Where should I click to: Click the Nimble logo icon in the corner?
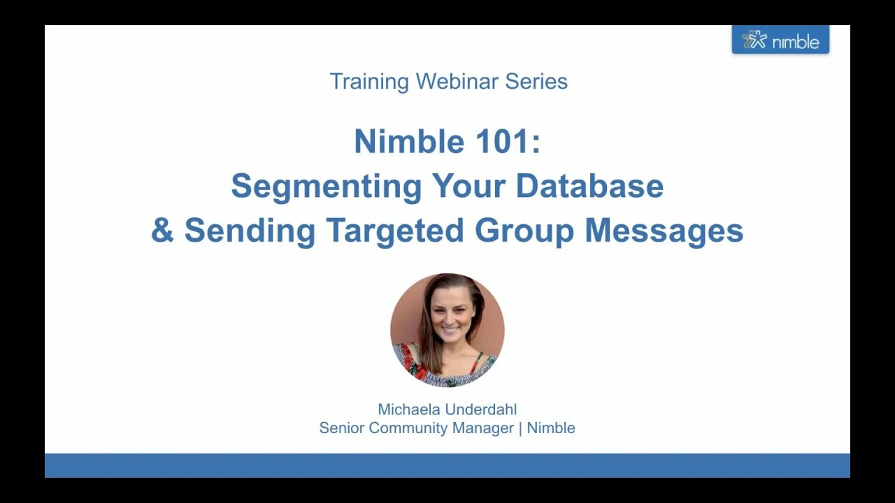[754, 40]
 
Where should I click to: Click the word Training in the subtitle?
[368, 82]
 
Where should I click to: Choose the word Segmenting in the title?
[326, 187]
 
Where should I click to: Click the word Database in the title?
[589, 186]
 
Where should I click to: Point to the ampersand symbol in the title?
[162, 231]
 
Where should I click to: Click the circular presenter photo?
[447, 330]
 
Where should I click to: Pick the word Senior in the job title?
[341, 428]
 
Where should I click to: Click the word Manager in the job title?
[483, 428]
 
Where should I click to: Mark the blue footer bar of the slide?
[447, 465]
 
